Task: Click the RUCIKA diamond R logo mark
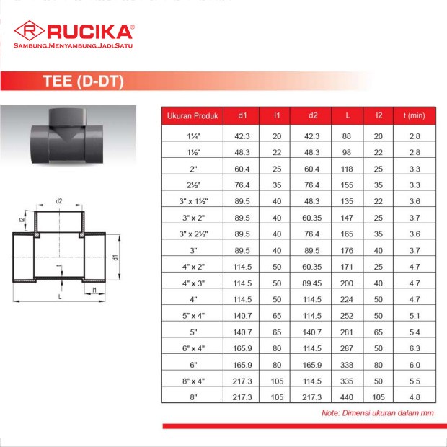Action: pos(30,30)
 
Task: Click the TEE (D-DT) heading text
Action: pos(83,81)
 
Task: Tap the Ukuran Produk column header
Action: pos(192,116)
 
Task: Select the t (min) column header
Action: pos(415,115)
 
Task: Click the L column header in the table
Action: pos(348,115)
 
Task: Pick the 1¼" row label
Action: pos(193,136)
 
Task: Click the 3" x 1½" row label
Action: pos(193,201)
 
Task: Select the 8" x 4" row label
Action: pos(193,381)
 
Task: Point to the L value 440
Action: pos(347,397)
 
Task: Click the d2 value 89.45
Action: pos(312,283)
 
